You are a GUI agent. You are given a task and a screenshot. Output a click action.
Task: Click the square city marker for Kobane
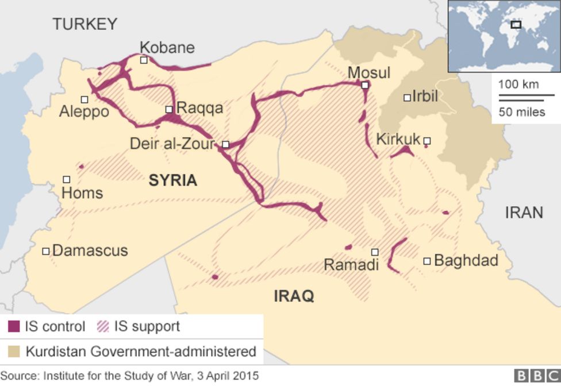coord(144,60)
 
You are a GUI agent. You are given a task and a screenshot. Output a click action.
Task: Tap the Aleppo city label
coord(84,111)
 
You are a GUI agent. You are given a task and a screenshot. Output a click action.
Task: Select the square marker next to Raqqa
coord(169,109)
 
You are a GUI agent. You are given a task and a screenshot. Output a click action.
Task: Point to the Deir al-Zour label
coord(172,144)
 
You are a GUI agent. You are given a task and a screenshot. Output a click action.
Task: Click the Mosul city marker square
coord(365,85)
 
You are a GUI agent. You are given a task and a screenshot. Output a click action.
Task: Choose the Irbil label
coord(425,96)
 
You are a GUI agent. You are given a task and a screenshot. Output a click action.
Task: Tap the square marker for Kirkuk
coord(426,140)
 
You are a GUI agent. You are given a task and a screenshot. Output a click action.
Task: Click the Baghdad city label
coord(466,260)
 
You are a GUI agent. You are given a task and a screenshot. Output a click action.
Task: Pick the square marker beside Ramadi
coord(375,252)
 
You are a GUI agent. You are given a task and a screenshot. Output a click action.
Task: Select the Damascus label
coord(90,250)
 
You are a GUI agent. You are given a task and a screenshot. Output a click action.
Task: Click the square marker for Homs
coord(67,180)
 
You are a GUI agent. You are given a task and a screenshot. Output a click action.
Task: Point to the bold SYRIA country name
coord(173,180)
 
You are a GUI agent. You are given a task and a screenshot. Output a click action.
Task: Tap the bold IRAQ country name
coord(294,296)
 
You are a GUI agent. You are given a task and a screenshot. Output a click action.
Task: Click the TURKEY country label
coord(85,24)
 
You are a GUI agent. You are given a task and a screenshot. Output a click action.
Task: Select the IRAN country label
coord(524,213)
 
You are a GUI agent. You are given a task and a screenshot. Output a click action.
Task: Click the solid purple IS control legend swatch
coord(14,327)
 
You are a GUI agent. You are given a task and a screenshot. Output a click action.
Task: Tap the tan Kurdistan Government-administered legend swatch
coord(14,351)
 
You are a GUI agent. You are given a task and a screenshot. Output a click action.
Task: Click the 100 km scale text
coord(518,84)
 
